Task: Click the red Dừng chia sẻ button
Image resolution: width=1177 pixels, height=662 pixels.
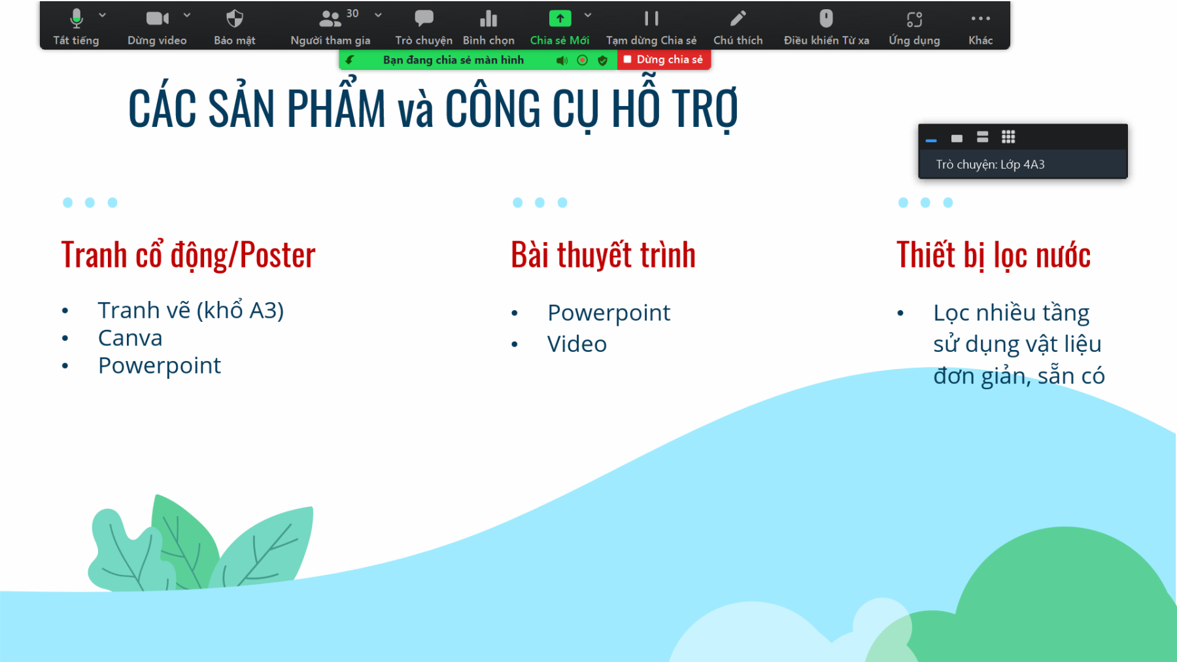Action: tap(664, 60)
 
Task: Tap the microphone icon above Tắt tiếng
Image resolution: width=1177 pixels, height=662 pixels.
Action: tap(77, 18)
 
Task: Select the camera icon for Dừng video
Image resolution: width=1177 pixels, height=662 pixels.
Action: tap(158, 18)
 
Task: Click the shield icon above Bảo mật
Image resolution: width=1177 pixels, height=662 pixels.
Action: tap(235, 18)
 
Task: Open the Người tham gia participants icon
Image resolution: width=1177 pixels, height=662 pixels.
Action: tap(330, 18)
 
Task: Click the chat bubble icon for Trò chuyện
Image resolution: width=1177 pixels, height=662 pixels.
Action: tap(424, 18)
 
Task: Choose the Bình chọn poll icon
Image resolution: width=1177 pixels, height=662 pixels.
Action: tap(488, 18)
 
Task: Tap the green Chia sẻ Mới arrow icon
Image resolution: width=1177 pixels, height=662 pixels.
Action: tap(560, 18)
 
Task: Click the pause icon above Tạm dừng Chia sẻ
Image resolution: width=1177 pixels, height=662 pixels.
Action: tap(651, 18)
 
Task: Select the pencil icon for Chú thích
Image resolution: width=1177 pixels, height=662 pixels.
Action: tap(738, 18)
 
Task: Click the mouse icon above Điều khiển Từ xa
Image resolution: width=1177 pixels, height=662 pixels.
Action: tap(827, 18)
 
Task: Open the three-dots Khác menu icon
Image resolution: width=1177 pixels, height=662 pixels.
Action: tap(981, 18)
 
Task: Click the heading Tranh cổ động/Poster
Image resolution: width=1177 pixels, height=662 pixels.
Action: tap(188, 255)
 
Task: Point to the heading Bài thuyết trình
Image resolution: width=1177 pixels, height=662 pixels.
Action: tap(603, 255)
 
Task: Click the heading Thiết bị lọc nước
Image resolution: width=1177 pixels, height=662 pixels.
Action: tap(993, 255)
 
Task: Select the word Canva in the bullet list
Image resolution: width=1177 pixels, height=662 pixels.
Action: tap(130, 338)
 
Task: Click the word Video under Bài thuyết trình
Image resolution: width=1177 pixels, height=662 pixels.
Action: tap(577, 344)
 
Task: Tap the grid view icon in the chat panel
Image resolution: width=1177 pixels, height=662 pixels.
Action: tap(1008, 137)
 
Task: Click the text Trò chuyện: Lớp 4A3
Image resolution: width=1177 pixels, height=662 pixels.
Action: tap(990, 164)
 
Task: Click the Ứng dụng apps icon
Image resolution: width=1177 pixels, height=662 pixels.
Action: tap(914, 19)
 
